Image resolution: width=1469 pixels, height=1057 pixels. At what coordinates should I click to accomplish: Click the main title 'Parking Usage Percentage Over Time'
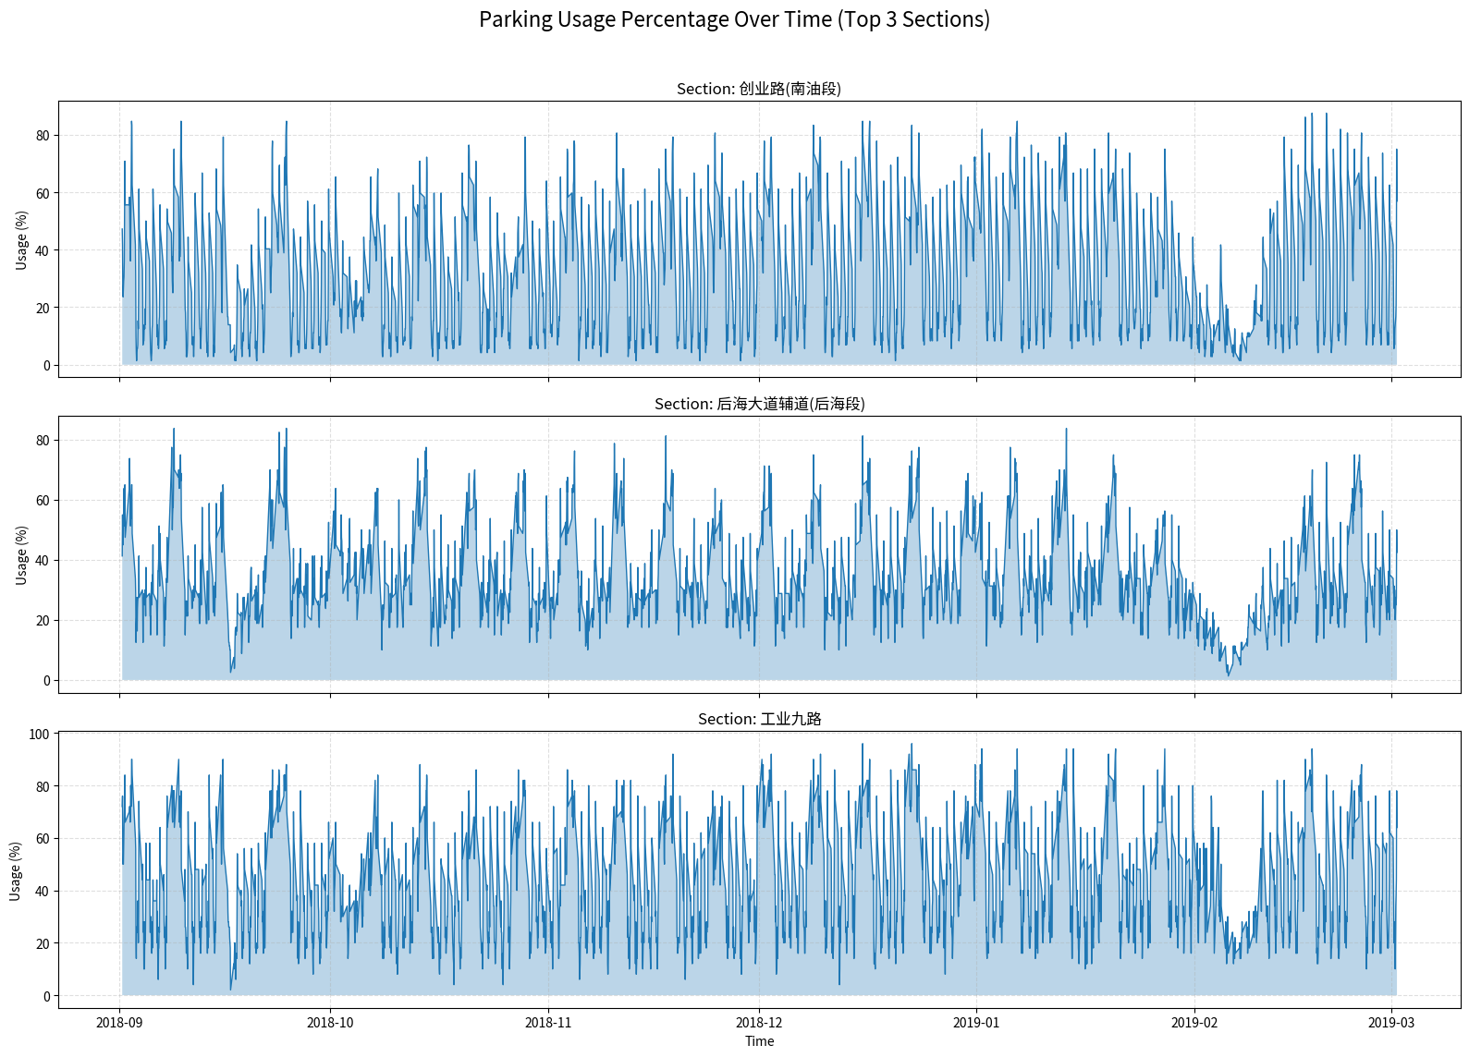point(734,19)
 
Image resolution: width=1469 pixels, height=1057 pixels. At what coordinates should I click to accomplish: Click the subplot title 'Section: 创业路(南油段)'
point(758,89)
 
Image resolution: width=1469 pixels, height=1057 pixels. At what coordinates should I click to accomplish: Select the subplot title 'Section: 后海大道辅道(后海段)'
point(759,404)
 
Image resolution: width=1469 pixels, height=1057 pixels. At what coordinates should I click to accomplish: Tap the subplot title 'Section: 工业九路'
point(759,719)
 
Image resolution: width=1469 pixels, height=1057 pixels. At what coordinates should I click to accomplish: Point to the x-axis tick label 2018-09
point(119,1022)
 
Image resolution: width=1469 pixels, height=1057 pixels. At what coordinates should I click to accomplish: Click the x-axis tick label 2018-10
point(330,1022)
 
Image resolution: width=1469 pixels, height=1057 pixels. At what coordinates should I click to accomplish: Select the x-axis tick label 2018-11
point(548,1022)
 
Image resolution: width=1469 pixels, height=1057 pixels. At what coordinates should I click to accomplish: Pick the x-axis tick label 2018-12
point(759,1022)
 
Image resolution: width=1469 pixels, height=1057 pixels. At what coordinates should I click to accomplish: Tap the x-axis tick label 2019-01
point(976,1022)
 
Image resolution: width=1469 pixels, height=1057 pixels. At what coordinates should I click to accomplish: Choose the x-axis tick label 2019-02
point(1194,1022)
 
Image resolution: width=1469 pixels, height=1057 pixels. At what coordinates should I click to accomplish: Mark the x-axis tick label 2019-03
point(1391,1022)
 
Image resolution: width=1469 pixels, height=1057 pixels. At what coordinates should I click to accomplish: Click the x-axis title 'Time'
point(759,1041)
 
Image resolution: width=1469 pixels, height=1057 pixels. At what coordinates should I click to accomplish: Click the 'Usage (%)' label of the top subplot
point(22,240)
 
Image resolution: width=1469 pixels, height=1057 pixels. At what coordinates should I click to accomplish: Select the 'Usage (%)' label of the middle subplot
point(22,555)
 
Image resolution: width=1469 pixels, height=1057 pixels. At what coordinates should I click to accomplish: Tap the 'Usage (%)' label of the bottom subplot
point(16,870)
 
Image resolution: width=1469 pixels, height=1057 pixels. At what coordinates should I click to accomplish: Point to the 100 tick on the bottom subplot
point(39,735)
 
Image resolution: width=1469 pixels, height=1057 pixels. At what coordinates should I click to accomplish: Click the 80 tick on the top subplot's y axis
point(43,136)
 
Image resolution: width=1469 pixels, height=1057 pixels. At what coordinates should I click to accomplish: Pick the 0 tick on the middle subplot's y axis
point(46,681)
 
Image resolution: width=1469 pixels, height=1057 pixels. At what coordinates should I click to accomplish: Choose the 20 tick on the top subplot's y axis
point(43,309)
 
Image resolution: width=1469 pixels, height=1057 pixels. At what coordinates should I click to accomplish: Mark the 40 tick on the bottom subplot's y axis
point(43,892)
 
